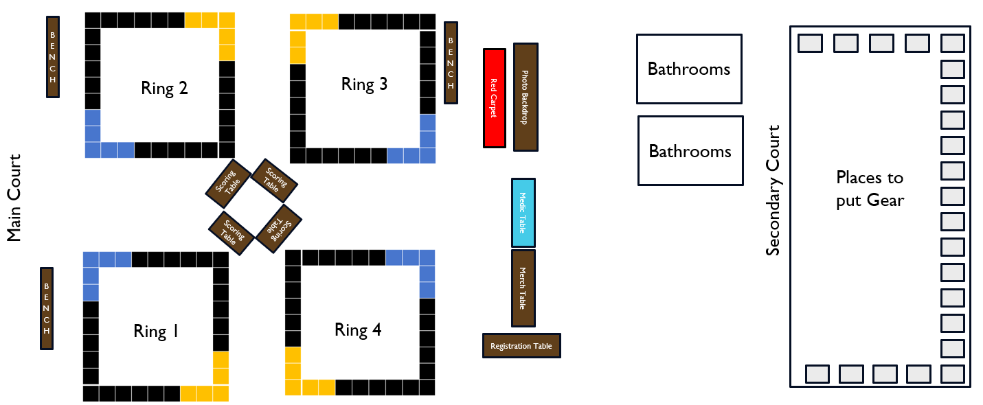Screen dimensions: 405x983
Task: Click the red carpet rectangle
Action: pos(494,97)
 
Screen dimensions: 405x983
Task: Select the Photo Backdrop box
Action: pos(526,97)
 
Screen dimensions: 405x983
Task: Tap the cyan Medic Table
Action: pos(523,212)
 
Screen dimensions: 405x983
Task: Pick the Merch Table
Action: pos(523,288)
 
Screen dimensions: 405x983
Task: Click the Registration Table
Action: pos(521,345)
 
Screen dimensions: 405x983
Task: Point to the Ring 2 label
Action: pos(164,88)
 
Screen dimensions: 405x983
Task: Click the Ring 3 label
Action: pos(364,84)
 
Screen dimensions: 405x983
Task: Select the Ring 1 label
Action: pos(156,332)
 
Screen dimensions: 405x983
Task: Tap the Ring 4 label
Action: pos(358,330)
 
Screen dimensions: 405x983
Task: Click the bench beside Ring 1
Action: pos(47,308)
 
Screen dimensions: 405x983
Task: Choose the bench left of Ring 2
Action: pos(53,56)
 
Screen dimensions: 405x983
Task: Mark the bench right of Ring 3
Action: pos(451,62)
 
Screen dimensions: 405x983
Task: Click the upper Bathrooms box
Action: pos(689,69)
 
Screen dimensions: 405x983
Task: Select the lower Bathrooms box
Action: pos(690,150)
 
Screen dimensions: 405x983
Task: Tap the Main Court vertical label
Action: pos(14,198)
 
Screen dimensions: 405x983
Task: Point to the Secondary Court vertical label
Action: pos(773,190)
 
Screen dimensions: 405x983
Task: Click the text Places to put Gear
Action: pos(870,189)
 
